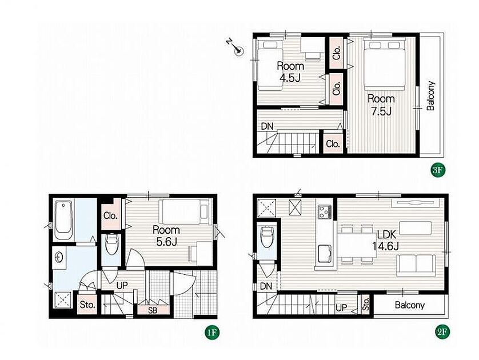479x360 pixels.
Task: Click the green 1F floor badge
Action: click(212, 333)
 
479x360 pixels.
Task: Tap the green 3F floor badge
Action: click(437, 170)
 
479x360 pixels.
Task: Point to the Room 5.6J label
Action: click(166, 236)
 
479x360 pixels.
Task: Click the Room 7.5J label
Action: click(381, 105)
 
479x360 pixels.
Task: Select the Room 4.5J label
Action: click(290, 72)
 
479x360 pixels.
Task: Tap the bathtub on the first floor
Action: click(63, 220)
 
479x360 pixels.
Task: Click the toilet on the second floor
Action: click(267, 238)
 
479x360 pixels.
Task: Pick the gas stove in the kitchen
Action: click(325, 211)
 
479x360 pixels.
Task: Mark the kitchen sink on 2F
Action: click(325, 254)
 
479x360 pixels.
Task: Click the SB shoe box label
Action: click(153, 310)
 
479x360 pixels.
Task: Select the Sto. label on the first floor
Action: click(87, 305)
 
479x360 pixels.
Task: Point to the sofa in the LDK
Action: click(416, 265)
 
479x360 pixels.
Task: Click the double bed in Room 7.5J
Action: click(385, 65)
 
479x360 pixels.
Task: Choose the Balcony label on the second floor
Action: click(410, 305)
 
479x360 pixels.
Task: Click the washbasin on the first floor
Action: click(59, 257)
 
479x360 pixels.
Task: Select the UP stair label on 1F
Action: click(122, 285)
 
